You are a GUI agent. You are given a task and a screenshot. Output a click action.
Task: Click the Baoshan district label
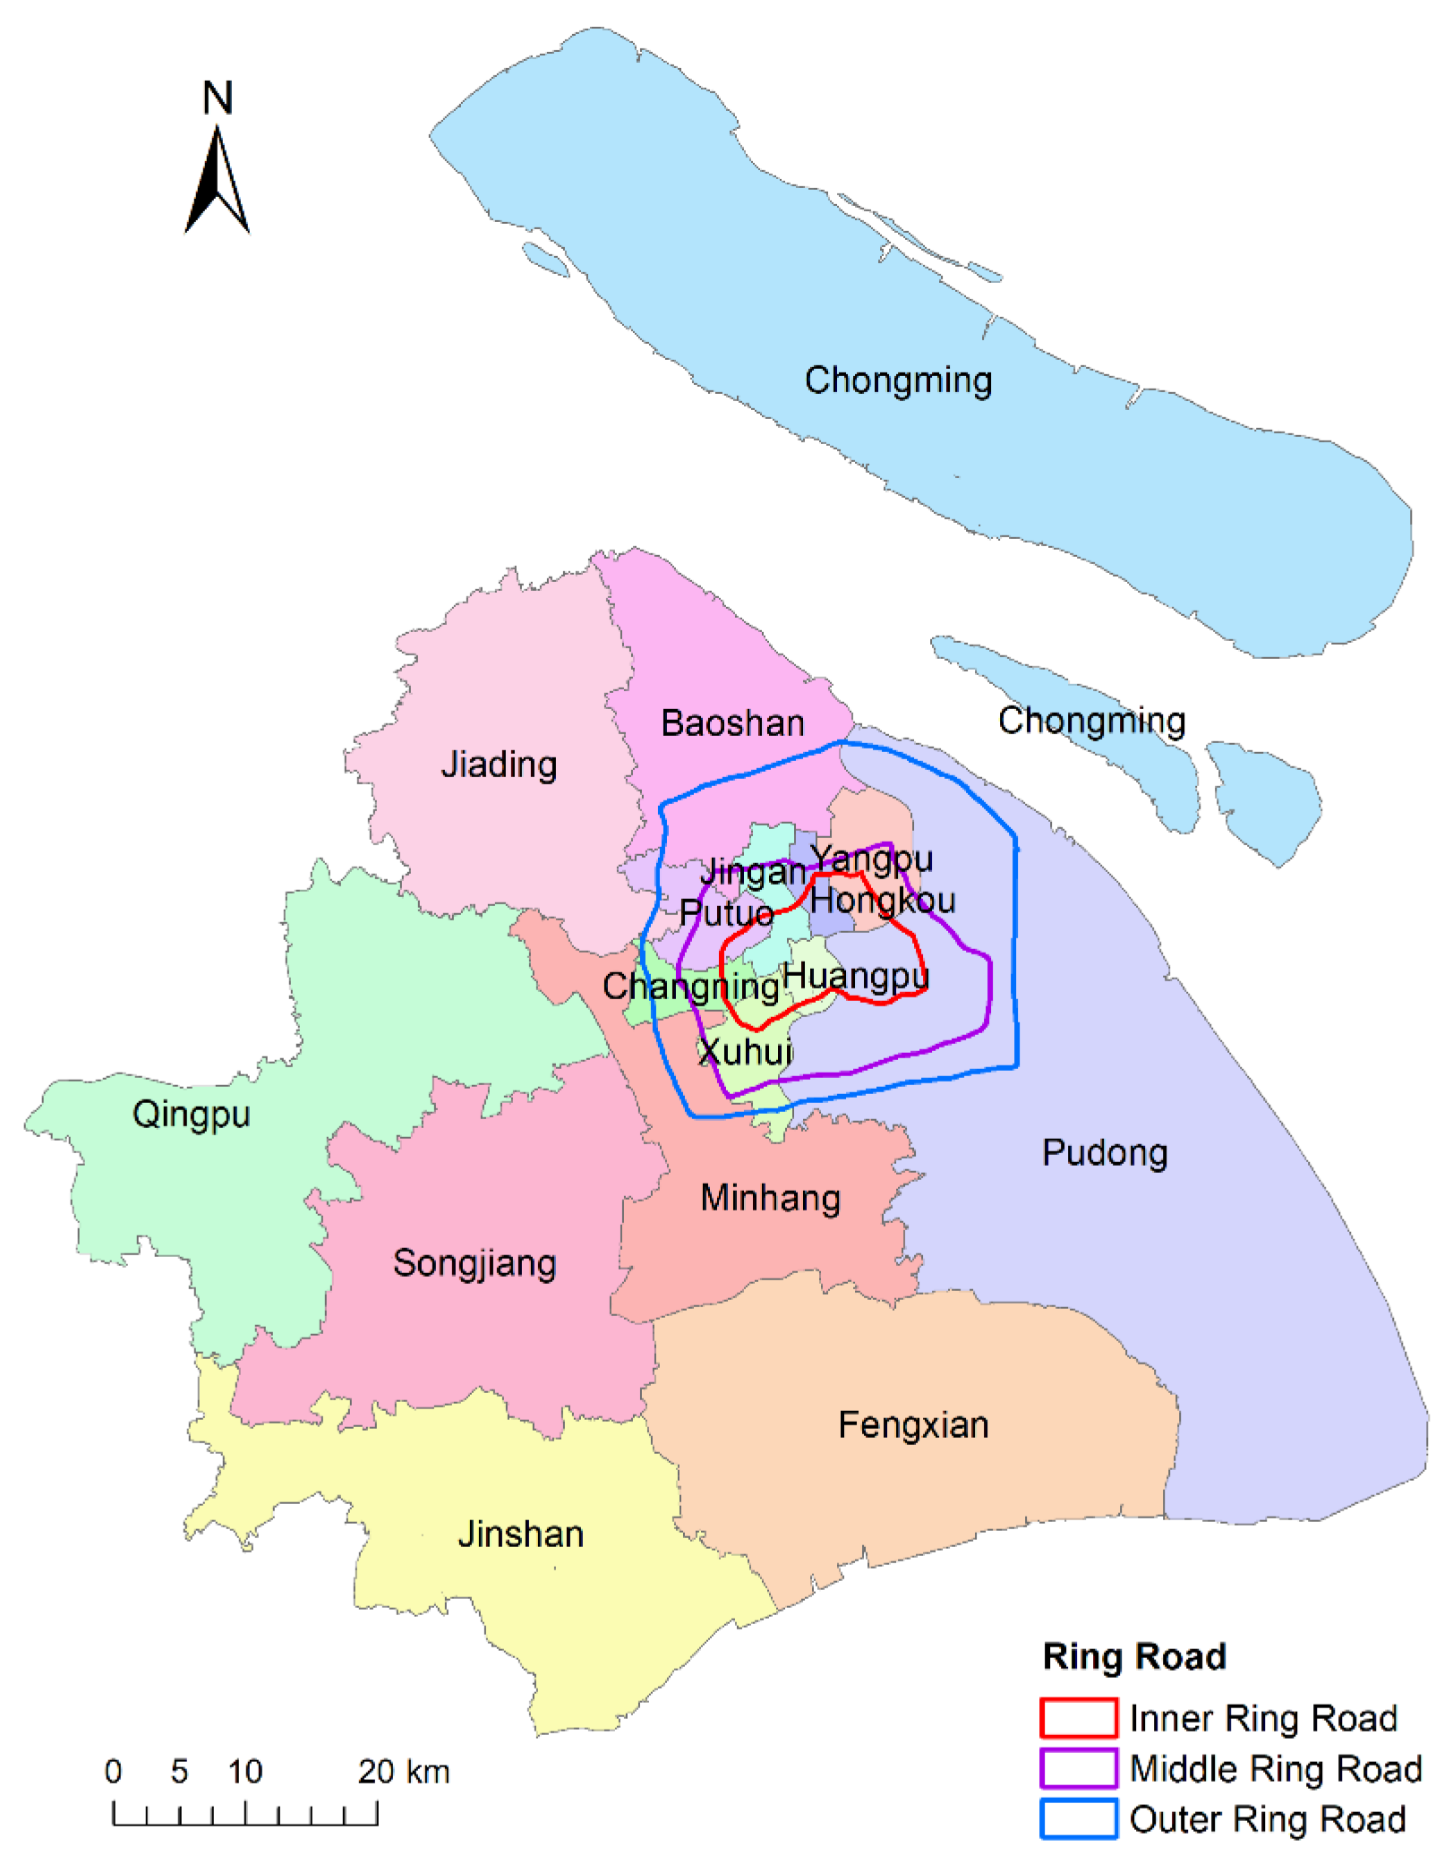(732, 722)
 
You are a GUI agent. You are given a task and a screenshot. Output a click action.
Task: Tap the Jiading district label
(499, 765)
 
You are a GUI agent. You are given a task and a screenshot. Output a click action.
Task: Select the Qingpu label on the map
(191, 1115)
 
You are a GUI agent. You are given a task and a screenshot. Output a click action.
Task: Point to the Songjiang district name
(474, 1263)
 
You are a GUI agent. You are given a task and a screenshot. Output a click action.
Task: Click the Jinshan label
(520, 1534)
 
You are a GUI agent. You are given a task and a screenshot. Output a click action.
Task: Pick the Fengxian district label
(913, 1425)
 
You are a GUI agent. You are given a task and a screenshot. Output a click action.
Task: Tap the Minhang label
(770, 1198)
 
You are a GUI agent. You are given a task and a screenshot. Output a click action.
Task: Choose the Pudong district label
(1105, 1152)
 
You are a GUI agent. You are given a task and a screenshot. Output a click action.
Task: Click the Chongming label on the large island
(898, 380)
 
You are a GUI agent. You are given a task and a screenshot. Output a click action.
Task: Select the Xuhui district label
(745, 1052)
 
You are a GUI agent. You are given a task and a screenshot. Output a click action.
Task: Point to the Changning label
(690, 987)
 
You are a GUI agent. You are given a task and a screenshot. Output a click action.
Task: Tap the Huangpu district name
(855, 976)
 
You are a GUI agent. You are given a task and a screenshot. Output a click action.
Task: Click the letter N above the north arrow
(218, 98)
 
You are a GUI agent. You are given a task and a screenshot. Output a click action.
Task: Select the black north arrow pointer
(217, 184)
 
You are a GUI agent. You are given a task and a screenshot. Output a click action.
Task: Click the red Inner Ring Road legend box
(1078, 1717)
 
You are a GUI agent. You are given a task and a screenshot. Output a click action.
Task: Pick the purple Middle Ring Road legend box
(1078, 1767)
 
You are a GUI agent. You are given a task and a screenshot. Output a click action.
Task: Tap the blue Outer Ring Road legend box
(1078, 1818)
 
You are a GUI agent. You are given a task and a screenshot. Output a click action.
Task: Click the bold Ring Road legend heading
(1133, 1656)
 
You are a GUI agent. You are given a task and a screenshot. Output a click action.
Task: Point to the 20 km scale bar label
(403, 1772)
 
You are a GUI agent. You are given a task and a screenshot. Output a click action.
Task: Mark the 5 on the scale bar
(179, 1772)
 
